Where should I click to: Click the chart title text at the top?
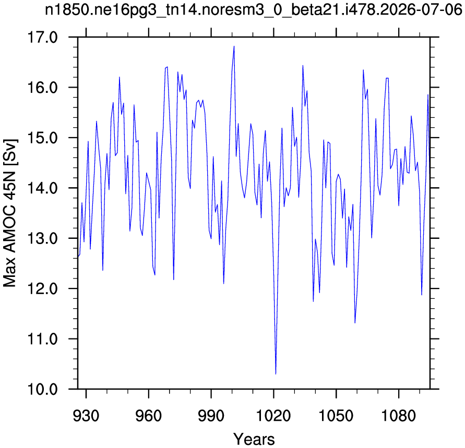(x=254, y=10)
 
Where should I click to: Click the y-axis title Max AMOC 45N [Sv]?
(x=10, y=213)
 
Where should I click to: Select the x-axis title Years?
(x=254, y=439)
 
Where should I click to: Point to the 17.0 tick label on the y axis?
(x=42, y=38)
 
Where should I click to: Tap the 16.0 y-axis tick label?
(x=42, y=88)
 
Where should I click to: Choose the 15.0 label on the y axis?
(x=42, y=138)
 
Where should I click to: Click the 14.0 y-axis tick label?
(x=42, y=188)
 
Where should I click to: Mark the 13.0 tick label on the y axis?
(x=42, y=238)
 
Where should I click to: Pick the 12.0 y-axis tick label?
(x=42, y=288)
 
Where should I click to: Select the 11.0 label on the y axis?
(x=42, y=339)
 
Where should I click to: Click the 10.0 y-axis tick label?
(x=42, y=389)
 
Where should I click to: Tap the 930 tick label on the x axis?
(x=86, y=416)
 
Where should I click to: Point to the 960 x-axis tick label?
(x=149, y=416)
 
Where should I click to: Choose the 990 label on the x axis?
(x=211, y=416)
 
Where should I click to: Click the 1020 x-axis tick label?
(x=273, y=416)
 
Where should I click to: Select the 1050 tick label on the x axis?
(x=336, y=416)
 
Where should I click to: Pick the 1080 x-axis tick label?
(x=399, y=416)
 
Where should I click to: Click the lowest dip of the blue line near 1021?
(x=276, y=374)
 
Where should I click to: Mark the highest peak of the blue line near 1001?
(x=234, y=46)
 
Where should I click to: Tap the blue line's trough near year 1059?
(x=355, y=323)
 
